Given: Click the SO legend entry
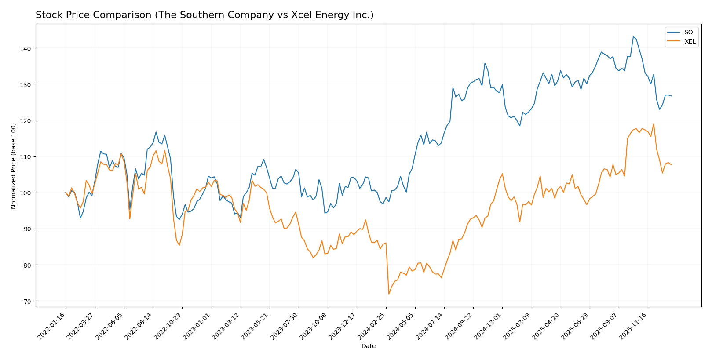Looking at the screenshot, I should (688, 32).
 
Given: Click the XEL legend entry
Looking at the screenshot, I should (690, 41).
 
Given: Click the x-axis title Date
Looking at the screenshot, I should (368, 346).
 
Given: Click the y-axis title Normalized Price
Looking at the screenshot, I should (14, 166).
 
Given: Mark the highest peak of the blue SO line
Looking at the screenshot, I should (633, 36).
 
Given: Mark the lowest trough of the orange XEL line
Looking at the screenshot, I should (389, 294).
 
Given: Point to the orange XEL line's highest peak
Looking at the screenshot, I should (654, 124).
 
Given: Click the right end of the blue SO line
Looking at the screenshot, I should (671, 96).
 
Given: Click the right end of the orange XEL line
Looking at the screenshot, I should (671, 165).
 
